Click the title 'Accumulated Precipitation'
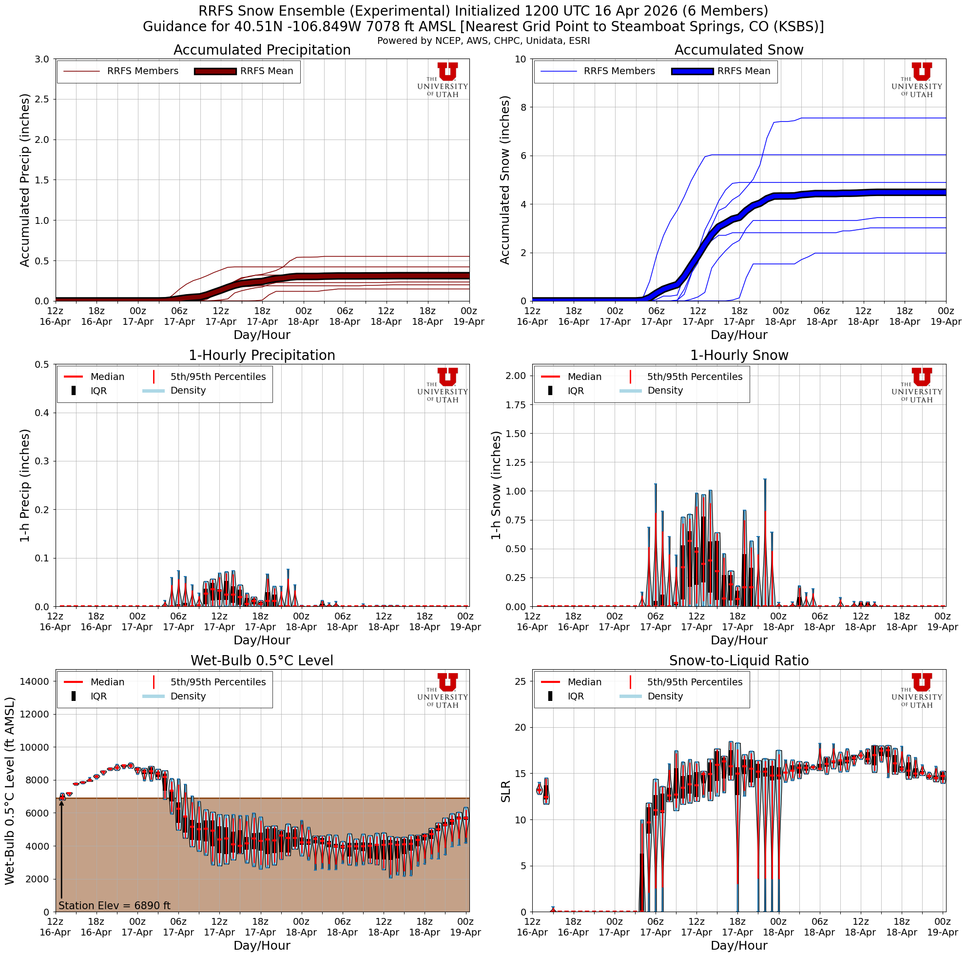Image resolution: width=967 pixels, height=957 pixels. click(x=262, y=50)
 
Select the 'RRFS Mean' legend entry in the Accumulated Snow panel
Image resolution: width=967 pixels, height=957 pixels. click(x=743, y=71)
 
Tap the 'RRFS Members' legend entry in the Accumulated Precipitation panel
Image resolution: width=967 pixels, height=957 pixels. click(x=142, y=71)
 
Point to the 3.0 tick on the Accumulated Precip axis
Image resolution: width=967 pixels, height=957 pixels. click(x=42, y=59)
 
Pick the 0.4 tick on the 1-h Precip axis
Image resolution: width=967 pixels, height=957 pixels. click(x=42, y=413)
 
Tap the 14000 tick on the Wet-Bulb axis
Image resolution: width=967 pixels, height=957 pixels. click(x=35, y=681)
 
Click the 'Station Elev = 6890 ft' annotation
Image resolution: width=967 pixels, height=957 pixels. click(x=115, y=905)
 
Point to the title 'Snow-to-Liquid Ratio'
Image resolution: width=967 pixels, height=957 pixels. click(x=739, y=660)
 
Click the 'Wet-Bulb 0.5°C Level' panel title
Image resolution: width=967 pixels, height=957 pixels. click(x=262, y=660)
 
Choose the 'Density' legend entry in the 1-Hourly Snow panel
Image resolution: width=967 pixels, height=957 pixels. click(x=665, y=391)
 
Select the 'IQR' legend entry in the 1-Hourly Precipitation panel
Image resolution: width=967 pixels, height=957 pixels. click(x=98, y=391)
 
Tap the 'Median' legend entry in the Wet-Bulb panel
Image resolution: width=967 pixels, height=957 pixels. click(x=107, y=682)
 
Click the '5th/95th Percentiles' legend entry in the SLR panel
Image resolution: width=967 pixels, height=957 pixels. click(x=695, y=682)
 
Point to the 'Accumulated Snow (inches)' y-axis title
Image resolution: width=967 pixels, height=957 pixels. click(x=504, y=180)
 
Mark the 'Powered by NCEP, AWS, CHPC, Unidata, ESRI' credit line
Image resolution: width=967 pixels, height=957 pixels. click(x=483, y=40)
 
